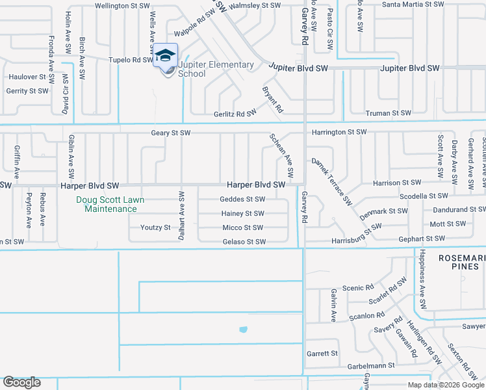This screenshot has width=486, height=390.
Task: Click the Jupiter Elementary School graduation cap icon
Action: click(165, 55)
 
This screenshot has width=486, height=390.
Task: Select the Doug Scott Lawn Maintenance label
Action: click(107, 204)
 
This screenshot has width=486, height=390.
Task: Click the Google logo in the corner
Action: click(21, 382)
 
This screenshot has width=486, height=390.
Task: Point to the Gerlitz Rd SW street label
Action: click(235, 113)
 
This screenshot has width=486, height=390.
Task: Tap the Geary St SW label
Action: click(171, 133)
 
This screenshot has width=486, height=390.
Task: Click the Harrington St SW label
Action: click(339, 133)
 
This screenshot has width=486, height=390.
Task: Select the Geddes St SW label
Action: click(242, 200)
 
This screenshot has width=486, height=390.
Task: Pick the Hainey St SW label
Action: click(242, 214)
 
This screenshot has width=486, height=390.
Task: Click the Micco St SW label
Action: click(242, 228)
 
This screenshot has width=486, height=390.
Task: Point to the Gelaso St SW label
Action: click(244, 242)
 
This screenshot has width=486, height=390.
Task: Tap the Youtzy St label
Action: click(155, 228)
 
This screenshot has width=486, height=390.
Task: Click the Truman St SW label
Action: click(389, 113)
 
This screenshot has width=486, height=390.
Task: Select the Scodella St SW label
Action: click(424, 196)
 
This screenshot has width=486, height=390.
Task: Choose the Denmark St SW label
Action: click(383, 211)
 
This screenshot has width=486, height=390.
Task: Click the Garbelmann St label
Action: click(370, 366)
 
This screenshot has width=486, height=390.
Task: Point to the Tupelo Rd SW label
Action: click(130, 60)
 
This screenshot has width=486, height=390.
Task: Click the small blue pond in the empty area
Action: click(243, 330)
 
